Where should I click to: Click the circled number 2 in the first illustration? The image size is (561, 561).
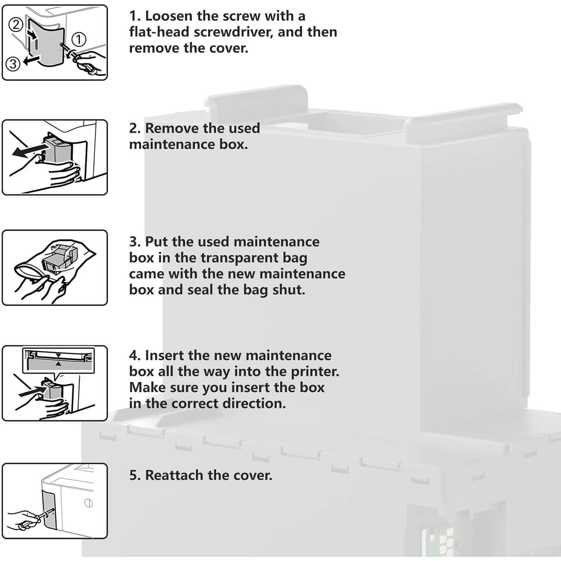[x=15, y=25]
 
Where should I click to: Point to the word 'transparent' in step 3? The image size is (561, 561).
[x=254, y=258]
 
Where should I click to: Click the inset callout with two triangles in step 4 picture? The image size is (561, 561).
[x=58, y=360]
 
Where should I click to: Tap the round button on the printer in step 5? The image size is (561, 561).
[x=88, y=503]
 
